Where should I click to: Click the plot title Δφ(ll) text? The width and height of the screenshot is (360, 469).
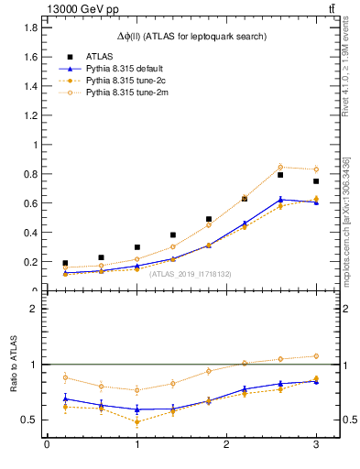192,36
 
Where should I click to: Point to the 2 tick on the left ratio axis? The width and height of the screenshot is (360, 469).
33,309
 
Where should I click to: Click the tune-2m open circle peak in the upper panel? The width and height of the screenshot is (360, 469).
280,167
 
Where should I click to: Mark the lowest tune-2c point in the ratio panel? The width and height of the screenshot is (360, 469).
136,422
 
